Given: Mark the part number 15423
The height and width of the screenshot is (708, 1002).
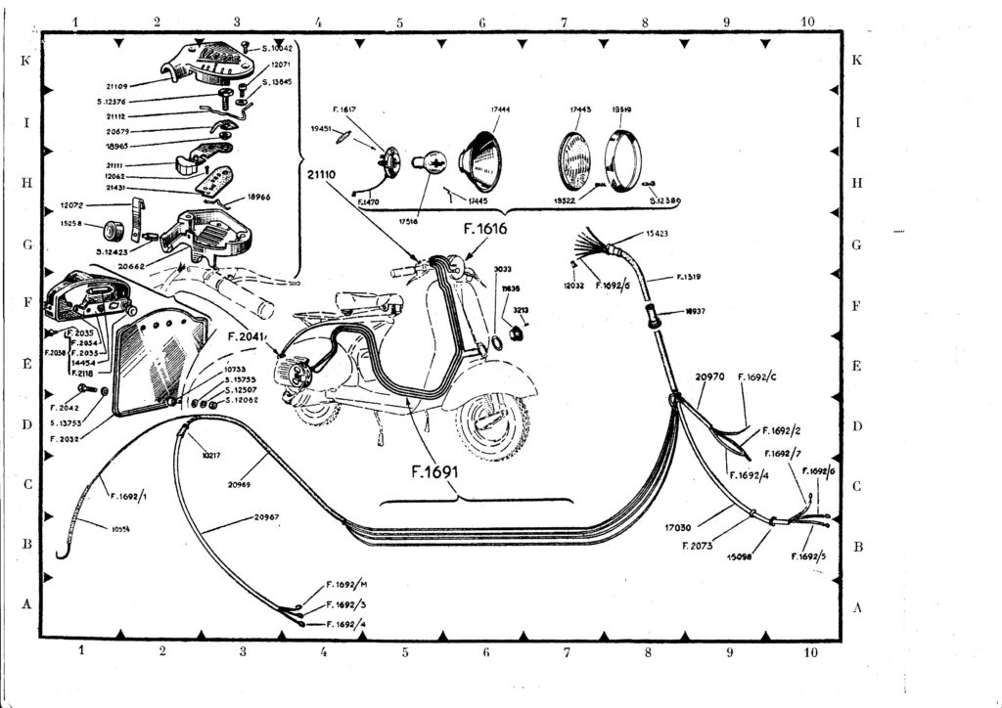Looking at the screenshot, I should [660, 234].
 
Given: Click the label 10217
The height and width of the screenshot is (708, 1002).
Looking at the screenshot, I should [210, 455].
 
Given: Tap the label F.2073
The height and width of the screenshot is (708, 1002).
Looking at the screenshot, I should [698, 545].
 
